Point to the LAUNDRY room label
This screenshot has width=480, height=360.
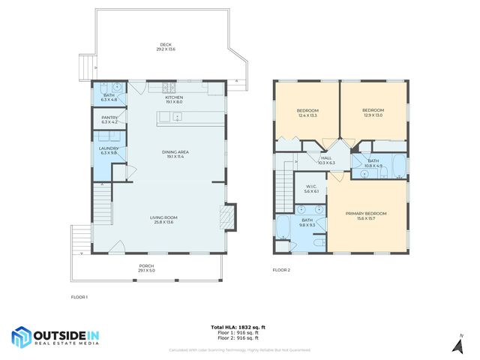coord(109,149)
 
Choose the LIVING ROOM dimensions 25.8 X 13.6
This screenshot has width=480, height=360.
coord(164,222)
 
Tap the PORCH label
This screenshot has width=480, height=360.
coord(147,268)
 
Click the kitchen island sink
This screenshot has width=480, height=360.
coord(177,115)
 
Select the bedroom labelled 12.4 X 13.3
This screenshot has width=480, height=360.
coord(307,112)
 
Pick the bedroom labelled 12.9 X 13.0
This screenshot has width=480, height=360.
coord(373,112)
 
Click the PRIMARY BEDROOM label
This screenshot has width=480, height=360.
coord(365,215)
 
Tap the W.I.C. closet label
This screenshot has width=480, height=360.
coord(311,189)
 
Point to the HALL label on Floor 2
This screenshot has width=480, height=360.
coord(326,160)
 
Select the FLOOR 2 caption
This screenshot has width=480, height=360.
coord(280,269)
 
